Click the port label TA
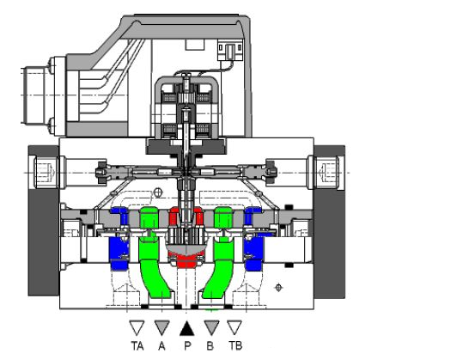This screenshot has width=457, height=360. tap(137, 346)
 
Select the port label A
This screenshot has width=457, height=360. tap(161, 346)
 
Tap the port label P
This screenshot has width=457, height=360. tap(187, 346)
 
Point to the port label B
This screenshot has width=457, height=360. tap(210, 346)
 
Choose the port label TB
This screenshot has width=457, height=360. tap(235, 346)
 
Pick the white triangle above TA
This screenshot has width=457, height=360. tap(137, 326)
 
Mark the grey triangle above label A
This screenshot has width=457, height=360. tap(161, 326)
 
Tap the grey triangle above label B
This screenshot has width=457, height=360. tap(211, 326)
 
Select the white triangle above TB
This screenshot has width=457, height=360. tap(235, 326)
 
